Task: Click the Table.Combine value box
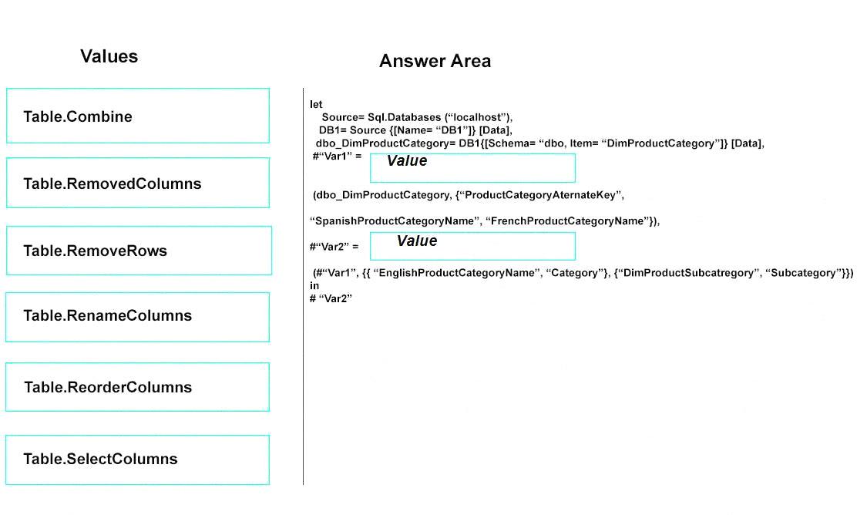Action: pos(138,116)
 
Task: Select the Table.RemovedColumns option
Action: pos(138,183)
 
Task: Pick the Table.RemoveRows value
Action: pos(139,251)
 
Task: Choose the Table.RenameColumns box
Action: pos(138,317)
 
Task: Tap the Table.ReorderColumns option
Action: pos(138,387)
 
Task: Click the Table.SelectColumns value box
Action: pos(138,459)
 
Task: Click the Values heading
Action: pos(109,56)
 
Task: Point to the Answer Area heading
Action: pos(435,61)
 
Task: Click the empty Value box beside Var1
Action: pos(472,168)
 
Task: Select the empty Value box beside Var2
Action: pos(472,246)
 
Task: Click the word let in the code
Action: pos(316,104)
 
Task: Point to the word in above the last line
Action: pos(314,285)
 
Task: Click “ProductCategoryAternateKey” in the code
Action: pos(539,195)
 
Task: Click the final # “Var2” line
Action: pos(331,298)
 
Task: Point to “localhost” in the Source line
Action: pos(478,117)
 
